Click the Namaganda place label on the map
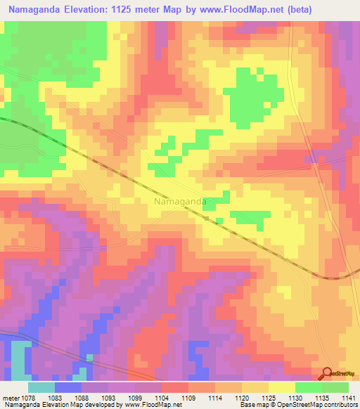[x=180, y=201]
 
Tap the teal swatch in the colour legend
[x=41, y=387]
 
